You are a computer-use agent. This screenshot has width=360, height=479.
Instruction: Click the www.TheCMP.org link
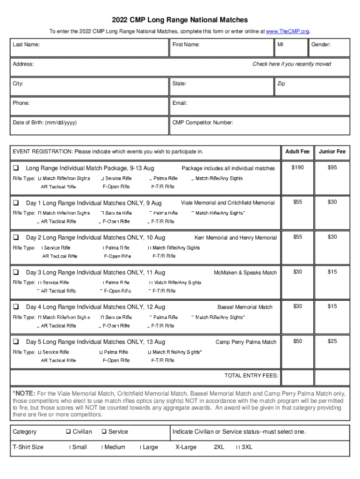pos(287,31)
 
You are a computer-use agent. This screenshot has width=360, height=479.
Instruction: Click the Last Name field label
pos(26,44)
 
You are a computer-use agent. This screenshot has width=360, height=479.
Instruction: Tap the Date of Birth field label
pos(45,123)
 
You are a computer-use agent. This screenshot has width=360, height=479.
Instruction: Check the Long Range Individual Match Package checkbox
pos(16,168)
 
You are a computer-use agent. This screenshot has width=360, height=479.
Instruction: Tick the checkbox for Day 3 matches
pos(16,272)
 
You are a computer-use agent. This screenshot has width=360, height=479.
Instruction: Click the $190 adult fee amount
pos(297,167)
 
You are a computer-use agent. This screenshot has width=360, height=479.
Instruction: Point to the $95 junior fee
pos(332,167)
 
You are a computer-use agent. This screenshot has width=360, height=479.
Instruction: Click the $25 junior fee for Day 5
pos(332,341)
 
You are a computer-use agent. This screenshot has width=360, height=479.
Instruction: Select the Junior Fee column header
pos(332,152)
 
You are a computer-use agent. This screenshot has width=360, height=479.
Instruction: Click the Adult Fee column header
pos(297,152)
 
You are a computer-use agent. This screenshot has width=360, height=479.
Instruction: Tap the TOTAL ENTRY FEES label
pos(251,376)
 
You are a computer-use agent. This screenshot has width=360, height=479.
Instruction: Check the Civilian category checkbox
pos(68,432)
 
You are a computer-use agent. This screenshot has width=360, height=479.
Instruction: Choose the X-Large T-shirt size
pos(186,447)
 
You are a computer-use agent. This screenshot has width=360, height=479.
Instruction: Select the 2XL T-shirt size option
pos(219,447)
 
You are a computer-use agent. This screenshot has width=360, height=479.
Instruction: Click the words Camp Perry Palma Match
pos(246,342)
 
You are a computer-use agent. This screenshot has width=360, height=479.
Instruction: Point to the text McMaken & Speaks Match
pos(245,273)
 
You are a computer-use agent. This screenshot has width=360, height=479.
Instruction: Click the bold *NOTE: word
pos(24,393)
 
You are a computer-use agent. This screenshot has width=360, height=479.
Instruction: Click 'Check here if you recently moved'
pos(292,64)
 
